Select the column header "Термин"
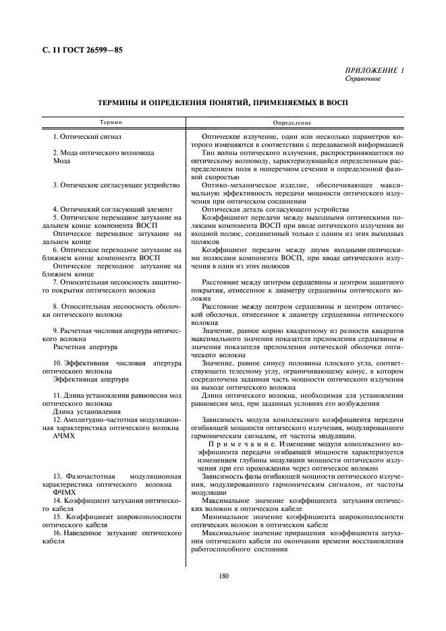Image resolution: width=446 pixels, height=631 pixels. (111, 123)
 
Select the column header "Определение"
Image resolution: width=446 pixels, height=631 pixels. (291, 123)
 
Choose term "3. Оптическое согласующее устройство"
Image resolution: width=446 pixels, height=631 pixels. (115, 184)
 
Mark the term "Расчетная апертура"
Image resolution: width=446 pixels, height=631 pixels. (84, 347)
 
